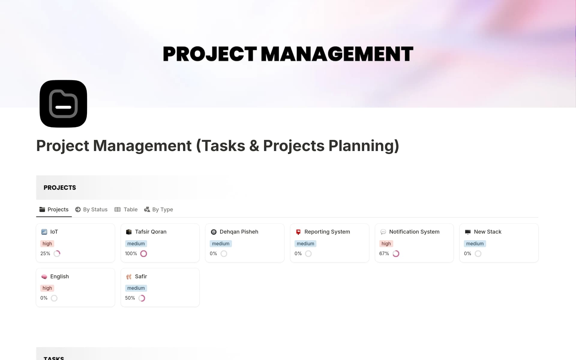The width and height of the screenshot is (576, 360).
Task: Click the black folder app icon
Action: coord(63,104)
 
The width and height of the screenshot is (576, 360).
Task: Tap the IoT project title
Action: coord(54,232)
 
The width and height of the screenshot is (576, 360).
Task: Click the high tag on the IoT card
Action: coord(47,244)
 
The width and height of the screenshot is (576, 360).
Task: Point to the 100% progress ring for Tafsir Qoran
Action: coord(144,254)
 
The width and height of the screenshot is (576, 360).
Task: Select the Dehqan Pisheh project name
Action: coord(239,232)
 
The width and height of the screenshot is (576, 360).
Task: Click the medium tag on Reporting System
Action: coord(305,244)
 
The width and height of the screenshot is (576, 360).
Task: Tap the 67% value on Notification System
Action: coord(384,254)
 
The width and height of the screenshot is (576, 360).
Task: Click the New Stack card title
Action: coord(487,232)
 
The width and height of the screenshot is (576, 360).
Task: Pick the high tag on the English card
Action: coord(47,288)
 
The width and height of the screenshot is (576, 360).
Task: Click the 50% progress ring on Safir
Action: coord(142,298)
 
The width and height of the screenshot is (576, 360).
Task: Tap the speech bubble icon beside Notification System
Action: coord(383,232)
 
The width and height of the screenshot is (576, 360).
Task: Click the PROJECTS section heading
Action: coord(60,188)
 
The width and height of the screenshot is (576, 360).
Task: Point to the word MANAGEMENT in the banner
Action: coord(337,54)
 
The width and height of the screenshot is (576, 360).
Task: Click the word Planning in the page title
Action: coord(364,146)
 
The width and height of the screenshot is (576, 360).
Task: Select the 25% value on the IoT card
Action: coord(45,254)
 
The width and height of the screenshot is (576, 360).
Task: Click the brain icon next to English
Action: coord(44,277)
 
